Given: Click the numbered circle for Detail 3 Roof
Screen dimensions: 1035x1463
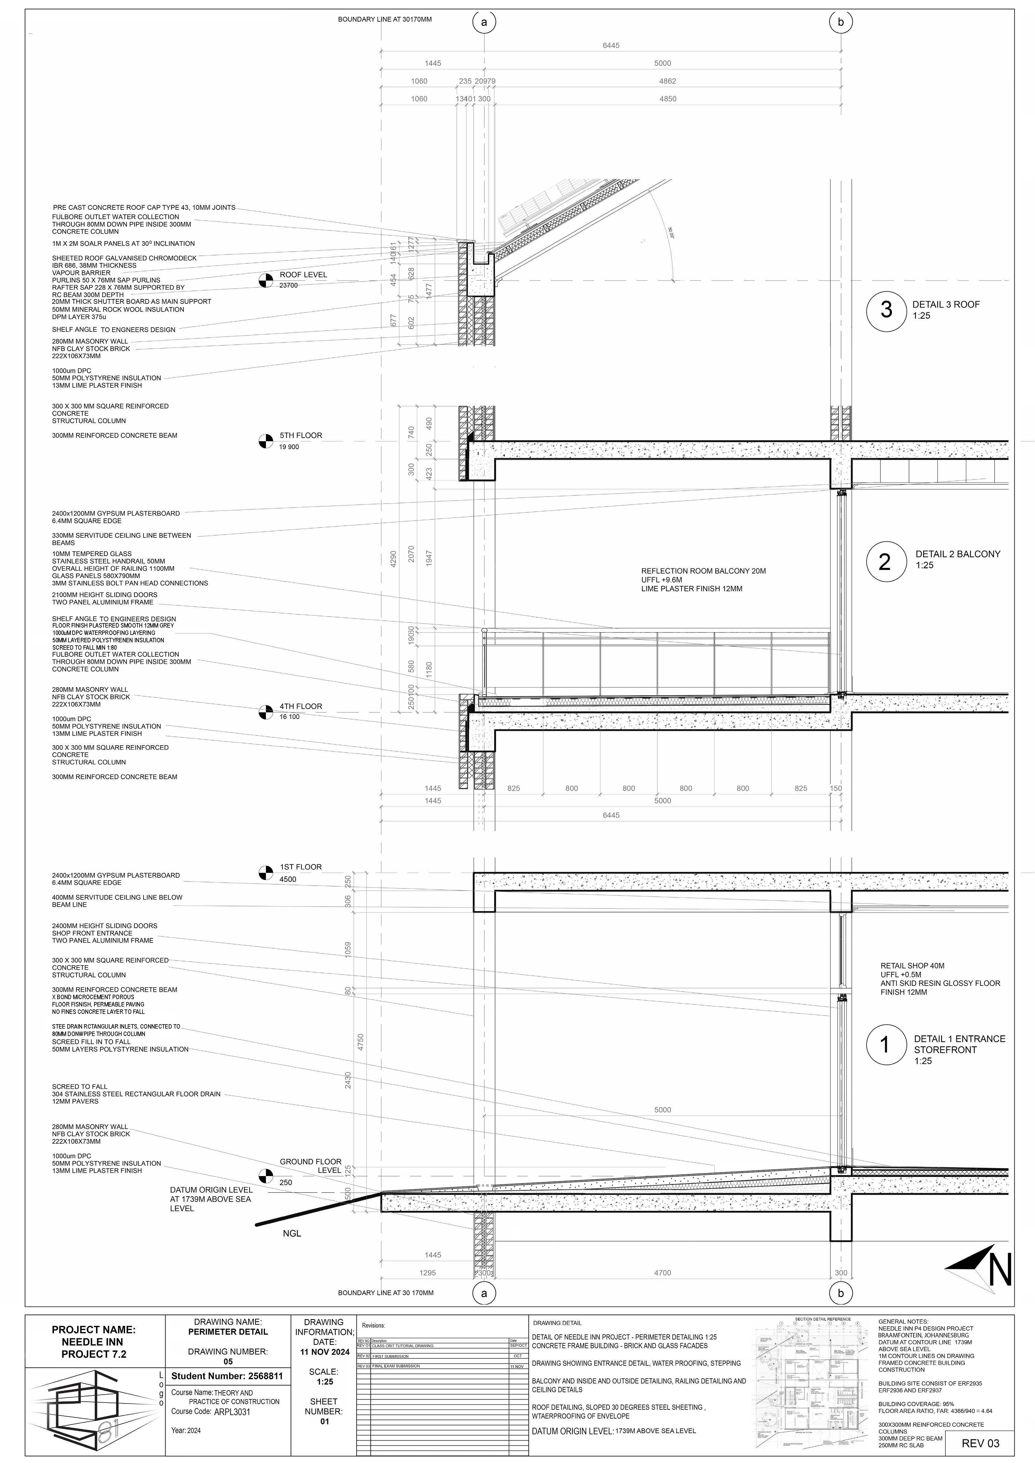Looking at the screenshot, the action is tap(886, 310).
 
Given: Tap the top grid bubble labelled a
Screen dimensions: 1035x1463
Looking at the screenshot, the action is tap(484, 22).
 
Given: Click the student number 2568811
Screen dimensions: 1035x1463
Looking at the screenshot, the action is tap(227, 1376).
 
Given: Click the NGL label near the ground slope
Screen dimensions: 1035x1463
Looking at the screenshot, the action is tap(292, 1233).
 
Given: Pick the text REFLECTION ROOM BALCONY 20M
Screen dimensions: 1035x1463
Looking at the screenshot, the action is tap(703, 571).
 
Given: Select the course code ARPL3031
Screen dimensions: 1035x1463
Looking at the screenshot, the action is tap(232, 1411).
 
